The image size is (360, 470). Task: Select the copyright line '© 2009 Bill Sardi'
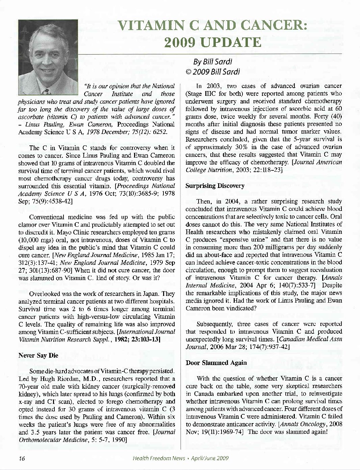213,71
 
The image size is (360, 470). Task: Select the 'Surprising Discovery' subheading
215,186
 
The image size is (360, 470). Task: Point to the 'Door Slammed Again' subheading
216,363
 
